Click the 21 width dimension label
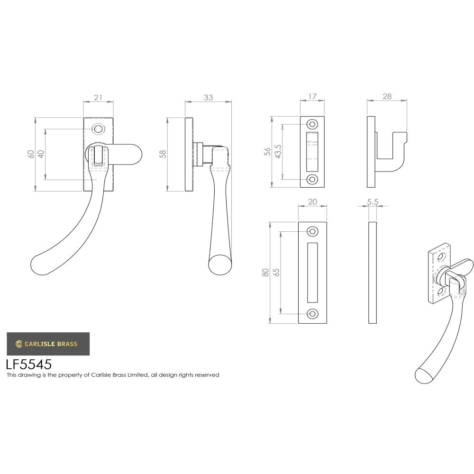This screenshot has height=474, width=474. tap(98, 98)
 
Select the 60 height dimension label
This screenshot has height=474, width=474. tap(31, 155)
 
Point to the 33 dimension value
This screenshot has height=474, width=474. tap(208, 98)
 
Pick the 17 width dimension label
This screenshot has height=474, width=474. tap(312, 97)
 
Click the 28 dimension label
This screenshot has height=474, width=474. tap(387, 97)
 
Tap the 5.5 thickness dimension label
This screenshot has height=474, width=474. tap(373, 202)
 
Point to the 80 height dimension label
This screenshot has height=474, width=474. tap(265, 273)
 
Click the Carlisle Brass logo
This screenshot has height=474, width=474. tap(47, 344)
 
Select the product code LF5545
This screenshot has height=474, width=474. tap(28, 365)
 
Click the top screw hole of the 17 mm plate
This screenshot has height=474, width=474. tap(312, 124)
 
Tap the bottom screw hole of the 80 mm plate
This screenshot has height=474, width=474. tap(312, 314)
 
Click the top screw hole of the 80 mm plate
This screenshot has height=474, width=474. tap(312, 231)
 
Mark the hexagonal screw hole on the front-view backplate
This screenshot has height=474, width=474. tap(98, 129)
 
